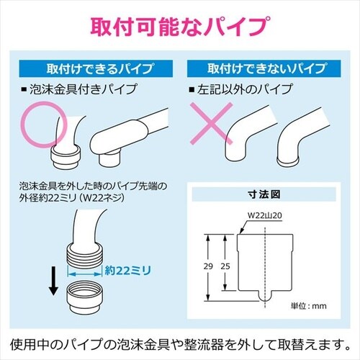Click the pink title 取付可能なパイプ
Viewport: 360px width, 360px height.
[x=180, y=27]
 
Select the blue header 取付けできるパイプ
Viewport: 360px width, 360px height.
[x=96, y=68]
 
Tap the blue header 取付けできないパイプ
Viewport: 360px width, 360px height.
[x=264, y=68]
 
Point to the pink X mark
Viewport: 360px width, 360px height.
[x=211, y=124]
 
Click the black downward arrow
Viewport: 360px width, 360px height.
[x=53, y=281]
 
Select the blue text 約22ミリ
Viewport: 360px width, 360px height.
[x=128, y=271]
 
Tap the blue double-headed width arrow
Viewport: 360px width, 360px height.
[x=84, y=274]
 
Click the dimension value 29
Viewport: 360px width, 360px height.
[x=208, y=266]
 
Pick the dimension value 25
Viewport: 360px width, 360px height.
[x=225, y=266]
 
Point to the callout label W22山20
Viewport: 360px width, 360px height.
[x=264, y=215]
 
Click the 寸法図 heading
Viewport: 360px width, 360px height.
[x=264, y=194]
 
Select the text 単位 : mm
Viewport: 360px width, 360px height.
[x=309, y=306]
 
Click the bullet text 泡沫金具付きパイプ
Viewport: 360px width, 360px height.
[x=83, y=89]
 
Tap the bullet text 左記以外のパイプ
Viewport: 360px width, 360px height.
[x=245, y=89]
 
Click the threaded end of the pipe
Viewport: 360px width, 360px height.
[x=84, y=254]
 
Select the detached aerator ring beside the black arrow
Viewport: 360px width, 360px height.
[x=84, y=297]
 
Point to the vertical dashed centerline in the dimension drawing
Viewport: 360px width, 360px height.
[x=265, y=268]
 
